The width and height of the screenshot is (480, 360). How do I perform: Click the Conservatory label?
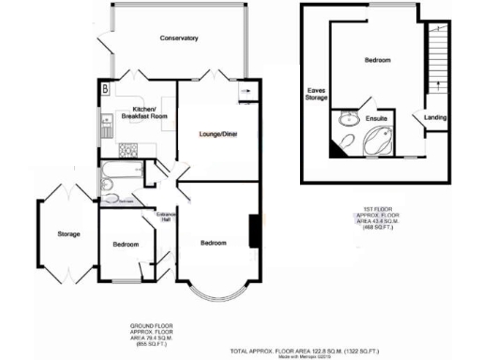tap(179, 38)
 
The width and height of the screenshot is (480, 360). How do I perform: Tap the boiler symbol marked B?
tap(105, 89)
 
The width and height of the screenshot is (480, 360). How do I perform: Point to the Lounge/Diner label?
tap(217, 135)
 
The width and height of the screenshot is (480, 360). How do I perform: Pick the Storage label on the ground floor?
tap(67, 234)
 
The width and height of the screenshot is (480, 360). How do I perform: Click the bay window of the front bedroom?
tap(217, 292)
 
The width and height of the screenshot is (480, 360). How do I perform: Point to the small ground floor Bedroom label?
tap(127, 245)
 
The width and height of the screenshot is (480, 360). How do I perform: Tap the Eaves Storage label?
tap(316, 95)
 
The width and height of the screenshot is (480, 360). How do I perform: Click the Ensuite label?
tap(376, 120)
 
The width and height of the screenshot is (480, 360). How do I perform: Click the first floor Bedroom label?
tap(377, 60)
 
